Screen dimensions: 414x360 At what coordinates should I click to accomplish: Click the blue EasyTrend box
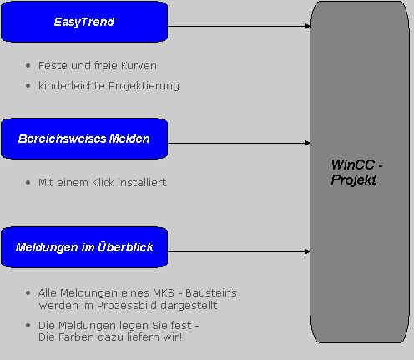tap(84, 22)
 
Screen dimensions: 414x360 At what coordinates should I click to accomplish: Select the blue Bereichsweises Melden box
tap(84, 139)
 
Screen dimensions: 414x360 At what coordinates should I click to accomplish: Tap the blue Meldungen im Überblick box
tap(84, 247)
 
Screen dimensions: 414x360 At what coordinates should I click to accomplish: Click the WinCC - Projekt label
tap(356, 172)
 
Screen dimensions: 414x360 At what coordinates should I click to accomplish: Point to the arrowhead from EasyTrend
tap(307, 26)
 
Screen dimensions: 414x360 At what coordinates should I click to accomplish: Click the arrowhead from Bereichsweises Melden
tap(307, 143)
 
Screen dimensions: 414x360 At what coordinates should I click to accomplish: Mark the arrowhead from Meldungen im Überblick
tap(307, 251)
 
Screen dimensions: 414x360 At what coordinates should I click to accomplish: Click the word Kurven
tap(139, 66)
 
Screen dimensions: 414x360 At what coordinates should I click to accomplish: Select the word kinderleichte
tap(72, 85)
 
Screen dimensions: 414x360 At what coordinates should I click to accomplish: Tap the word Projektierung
tap(144, 86)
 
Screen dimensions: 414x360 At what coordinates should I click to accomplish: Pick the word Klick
tap(103, 182)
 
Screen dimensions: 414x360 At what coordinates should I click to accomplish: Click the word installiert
tap(142, 182)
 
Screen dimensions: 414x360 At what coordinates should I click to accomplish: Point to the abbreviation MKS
tap(164, 293)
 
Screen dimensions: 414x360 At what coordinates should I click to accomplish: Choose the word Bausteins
tap(211, 293)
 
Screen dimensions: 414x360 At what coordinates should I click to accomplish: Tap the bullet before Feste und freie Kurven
tap(28, 66)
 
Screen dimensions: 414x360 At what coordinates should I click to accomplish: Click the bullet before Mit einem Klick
tap(28, 183)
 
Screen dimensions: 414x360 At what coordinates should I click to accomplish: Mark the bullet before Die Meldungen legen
tap(28, 325)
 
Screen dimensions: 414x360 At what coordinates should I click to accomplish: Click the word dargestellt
tap(189, 306)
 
